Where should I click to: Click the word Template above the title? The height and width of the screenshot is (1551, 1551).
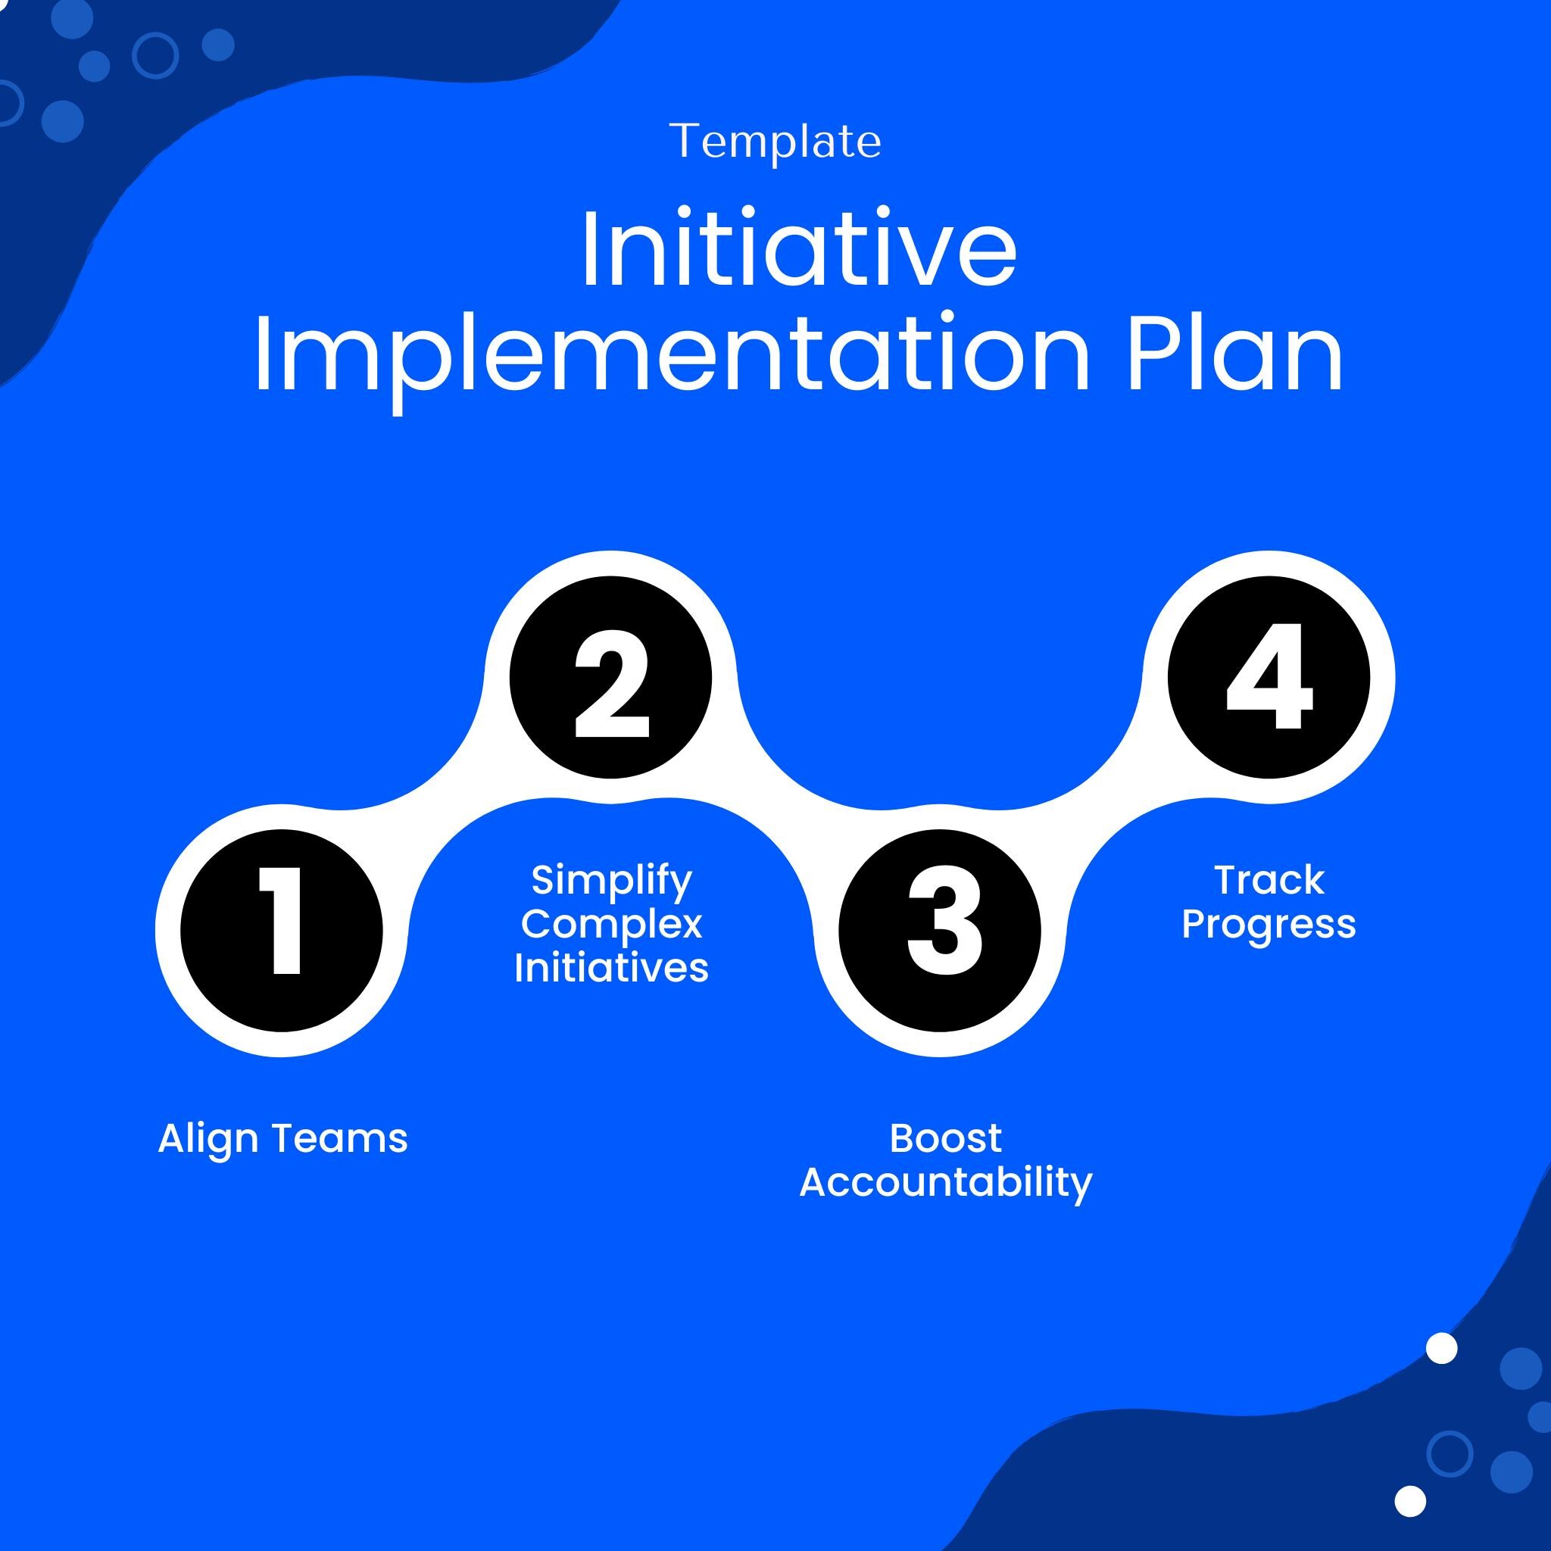click(775, 143)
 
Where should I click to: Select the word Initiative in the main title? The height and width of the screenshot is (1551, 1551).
click(799, 248)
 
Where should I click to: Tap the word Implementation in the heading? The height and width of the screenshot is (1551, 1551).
click(672, 357)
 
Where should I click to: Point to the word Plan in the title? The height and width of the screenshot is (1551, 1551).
click(1234, 353)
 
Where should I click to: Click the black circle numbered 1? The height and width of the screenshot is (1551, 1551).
click(282, 931)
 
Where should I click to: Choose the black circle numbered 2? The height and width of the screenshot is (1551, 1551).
click(611, 678)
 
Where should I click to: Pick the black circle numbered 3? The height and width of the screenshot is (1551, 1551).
click(940, 931)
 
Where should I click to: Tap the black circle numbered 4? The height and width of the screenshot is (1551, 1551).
click(1269, 678)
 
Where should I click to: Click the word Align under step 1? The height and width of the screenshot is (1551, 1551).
click(208, 1140)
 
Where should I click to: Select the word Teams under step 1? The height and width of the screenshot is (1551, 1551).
click(339, 1139)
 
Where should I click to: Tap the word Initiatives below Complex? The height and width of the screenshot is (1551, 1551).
click(611, 967)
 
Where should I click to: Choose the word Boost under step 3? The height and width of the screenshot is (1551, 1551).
click(946, 1138)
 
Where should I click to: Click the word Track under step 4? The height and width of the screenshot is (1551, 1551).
click(1269, 880)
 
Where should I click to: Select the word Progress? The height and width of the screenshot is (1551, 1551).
click(1269, 925)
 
